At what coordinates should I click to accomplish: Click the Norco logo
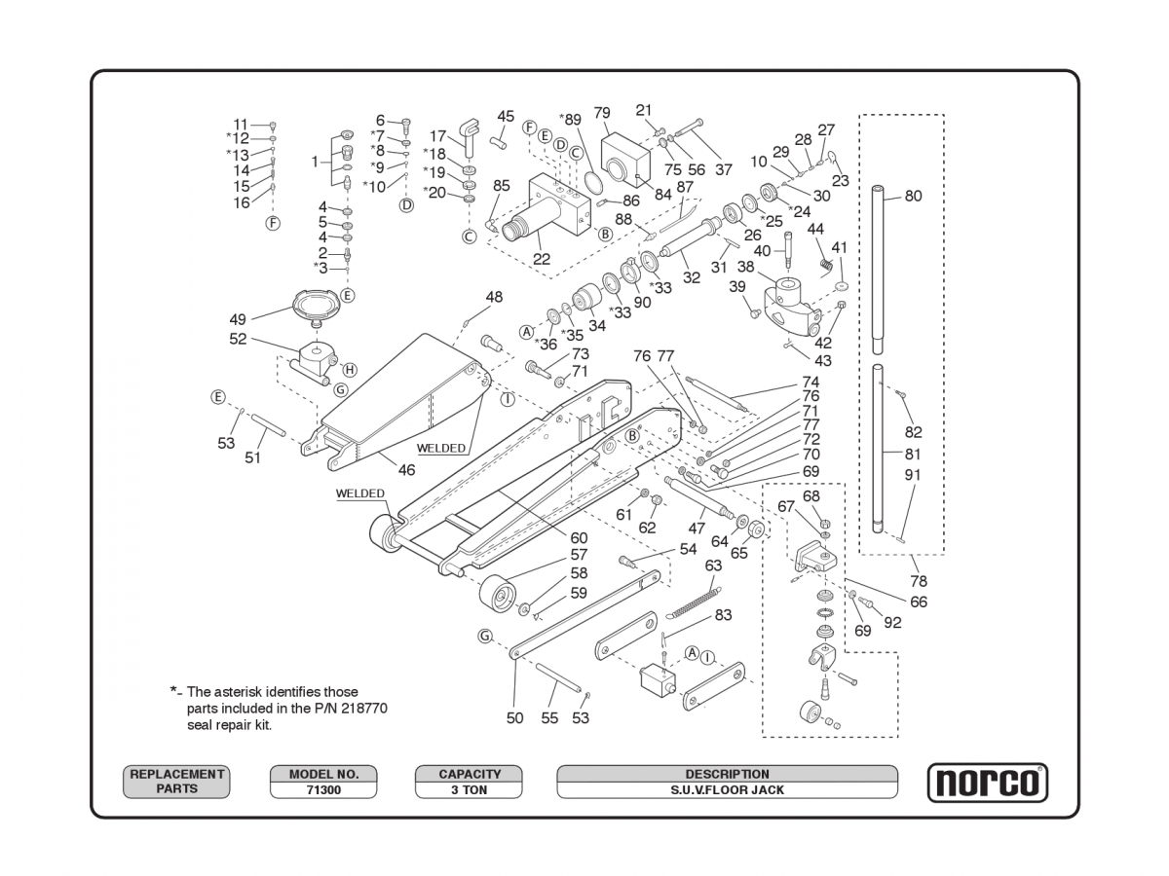(987, 783)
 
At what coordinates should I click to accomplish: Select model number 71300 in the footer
(323, 790)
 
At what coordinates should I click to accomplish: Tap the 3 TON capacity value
(469, 790)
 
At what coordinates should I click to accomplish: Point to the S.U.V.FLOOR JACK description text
(727, 790)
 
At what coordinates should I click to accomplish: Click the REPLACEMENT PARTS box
(176, 782)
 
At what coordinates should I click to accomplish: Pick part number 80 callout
(913, 196)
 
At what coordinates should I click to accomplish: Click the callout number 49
(238, 319)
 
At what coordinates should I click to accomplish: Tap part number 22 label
(542, 259)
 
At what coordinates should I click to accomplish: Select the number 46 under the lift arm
(406, 470)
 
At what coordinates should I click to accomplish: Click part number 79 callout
(602, 113)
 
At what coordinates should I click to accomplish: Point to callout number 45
(506, 117)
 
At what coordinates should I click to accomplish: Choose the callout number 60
(579, 537)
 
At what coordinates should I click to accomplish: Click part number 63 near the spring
(714, 566)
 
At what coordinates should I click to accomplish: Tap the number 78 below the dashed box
(919, 581)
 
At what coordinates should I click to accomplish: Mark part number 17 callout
(438, 136)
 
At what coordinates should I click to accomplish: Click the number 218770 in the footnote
(361, 709)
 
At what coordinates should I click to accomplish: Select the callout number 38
(746, 267)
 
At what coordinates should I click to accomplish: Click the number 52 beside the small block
(238, 340)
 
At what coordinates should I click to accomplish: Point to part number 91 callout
(913, 475)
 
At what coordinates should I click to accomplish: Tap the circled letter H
(350, 370)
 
